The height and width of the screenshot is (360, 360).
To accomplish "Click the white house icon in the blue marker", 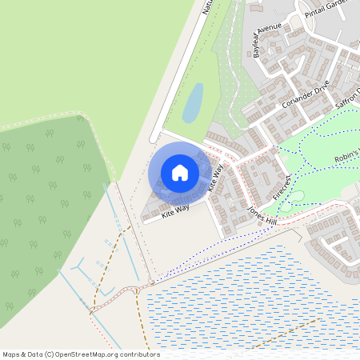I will pos(180,173).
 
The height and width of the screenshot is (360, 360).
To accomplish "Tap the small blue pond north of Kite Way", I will pos(192,103).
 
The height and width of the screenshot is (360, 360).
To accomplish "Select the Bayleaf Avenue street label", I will pos(267,40).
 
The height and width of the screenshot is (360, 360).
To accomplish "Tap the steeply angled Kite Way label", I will pos(214,177).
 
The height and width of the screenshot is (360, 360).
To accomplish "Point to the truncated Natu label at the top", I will pos(206,7).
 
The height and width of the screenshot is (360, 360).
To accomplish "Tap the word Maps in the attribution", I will pos(11,354).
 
